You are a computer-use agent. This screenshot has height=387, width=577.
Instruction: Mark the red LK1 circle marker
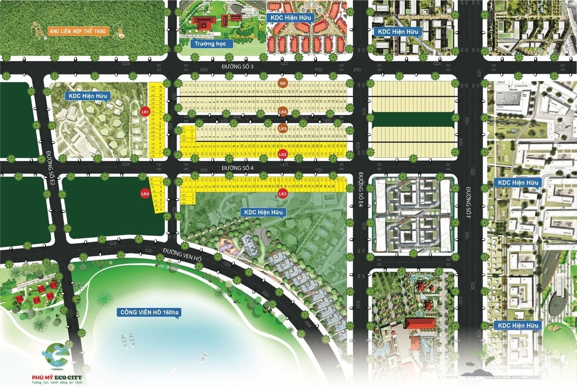145,111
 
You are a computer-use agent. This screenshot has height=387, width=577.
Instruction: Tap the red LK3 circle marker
283,194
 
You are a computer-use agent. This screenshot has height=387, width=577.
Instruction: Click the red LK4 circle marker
145,193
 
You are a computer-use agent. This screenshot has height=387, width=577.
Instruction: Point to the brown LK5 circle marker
283,129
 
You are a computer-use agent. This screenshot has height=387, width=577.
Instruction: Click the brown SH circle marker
283,83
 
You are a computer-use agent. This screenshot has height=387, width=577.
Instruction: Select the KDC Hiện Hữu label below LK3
265,212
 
